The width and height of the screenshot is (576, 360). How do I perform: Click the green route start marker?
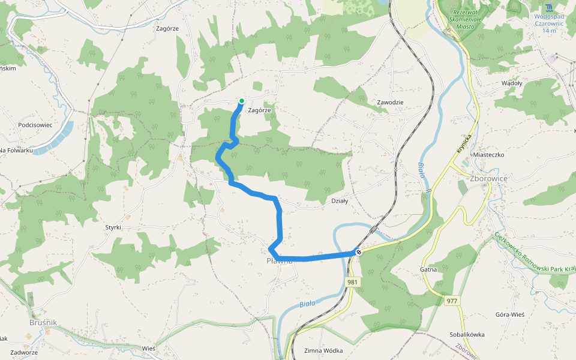pyautogui.click(x=242, y=101)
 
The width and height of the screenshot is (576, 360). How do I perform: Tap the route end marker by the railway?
pyautogui.click(x=358, y=253)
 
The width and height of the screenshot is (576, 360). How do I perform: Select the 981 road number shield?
pyautogui.click(x=352, y=282)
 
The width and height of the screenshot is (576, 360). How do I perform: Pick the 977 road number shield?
pyautogui.click(x=452, y=300)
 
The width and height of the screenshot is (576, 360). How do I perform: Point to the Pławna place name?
pyautogui.click(x=280, y=261)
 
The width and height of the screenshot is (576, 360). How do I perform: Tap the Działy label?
pyautogui.click(x=340, y=201)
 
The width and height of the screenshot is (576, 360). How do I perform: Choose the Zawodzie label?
pyautogui.click(x=390, y=102)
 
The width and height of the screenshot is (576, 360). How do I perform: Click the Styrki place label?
pyautogui.click(x=113, y=227)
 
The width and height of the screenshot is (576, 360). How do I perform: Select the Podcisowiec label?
pyautogui.click(x=35, y=125)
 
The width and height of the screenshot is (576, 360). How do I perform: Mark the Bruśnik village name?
pyautogui.click(x=43, y=323)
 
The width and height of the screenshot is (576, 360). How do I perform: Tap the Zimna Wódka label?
pyautogui.click(x=323, y=350)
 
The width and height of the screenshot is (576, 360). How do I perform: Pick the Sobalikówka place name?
pyautogui.click(x=467, y=334)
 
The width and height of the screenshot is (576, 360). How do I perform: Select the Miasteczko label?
pyautogui.click(x=488, y=154)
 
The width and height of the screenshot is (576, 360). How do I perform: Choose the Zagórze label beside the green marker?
pyautogui.click(x=260, y=110)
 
